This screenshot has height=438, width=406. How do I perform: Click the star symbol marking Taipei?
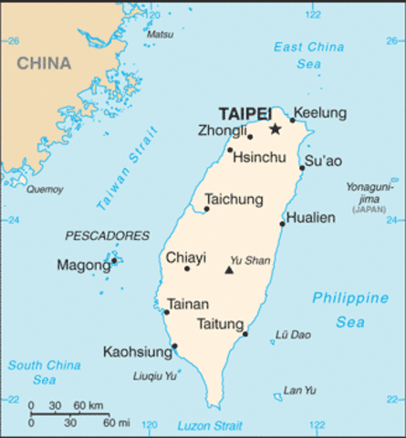(275, 130)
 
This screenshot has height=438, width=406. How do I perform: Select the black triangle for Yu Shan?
(229, 270)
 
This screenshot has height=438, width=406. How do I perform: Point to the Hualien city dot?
(283, 224)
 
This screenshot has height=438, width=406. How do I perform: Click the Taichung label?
(234, 199)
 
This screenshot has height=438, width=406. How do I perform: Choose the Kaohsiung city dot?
(174, 346)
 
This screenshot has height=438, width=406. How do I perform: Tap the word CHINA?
(43, 63)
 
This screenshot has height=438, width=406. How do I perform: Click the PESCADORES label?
(107, 235)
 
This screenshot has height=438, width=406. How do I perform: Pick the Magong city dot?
(114, 262)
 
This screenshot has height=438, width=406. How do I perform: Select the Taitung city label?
(220, 324)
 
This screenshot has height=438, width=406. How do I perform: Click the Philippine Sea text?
(350, 310)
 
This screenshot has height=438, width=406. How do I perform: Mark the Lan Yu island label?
(299, 391)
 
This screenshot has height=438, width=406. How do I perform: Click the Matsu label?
(160, 35)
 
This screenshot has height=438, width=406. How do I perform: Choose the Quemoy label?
(45, 190)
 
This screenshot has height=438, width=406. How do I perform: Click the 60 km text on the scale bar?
(88, 405)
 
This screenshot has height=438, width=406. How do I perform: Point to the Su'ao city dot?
(303, 168)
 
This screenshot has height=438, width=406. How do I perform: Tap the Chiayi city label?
(185, 258)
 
